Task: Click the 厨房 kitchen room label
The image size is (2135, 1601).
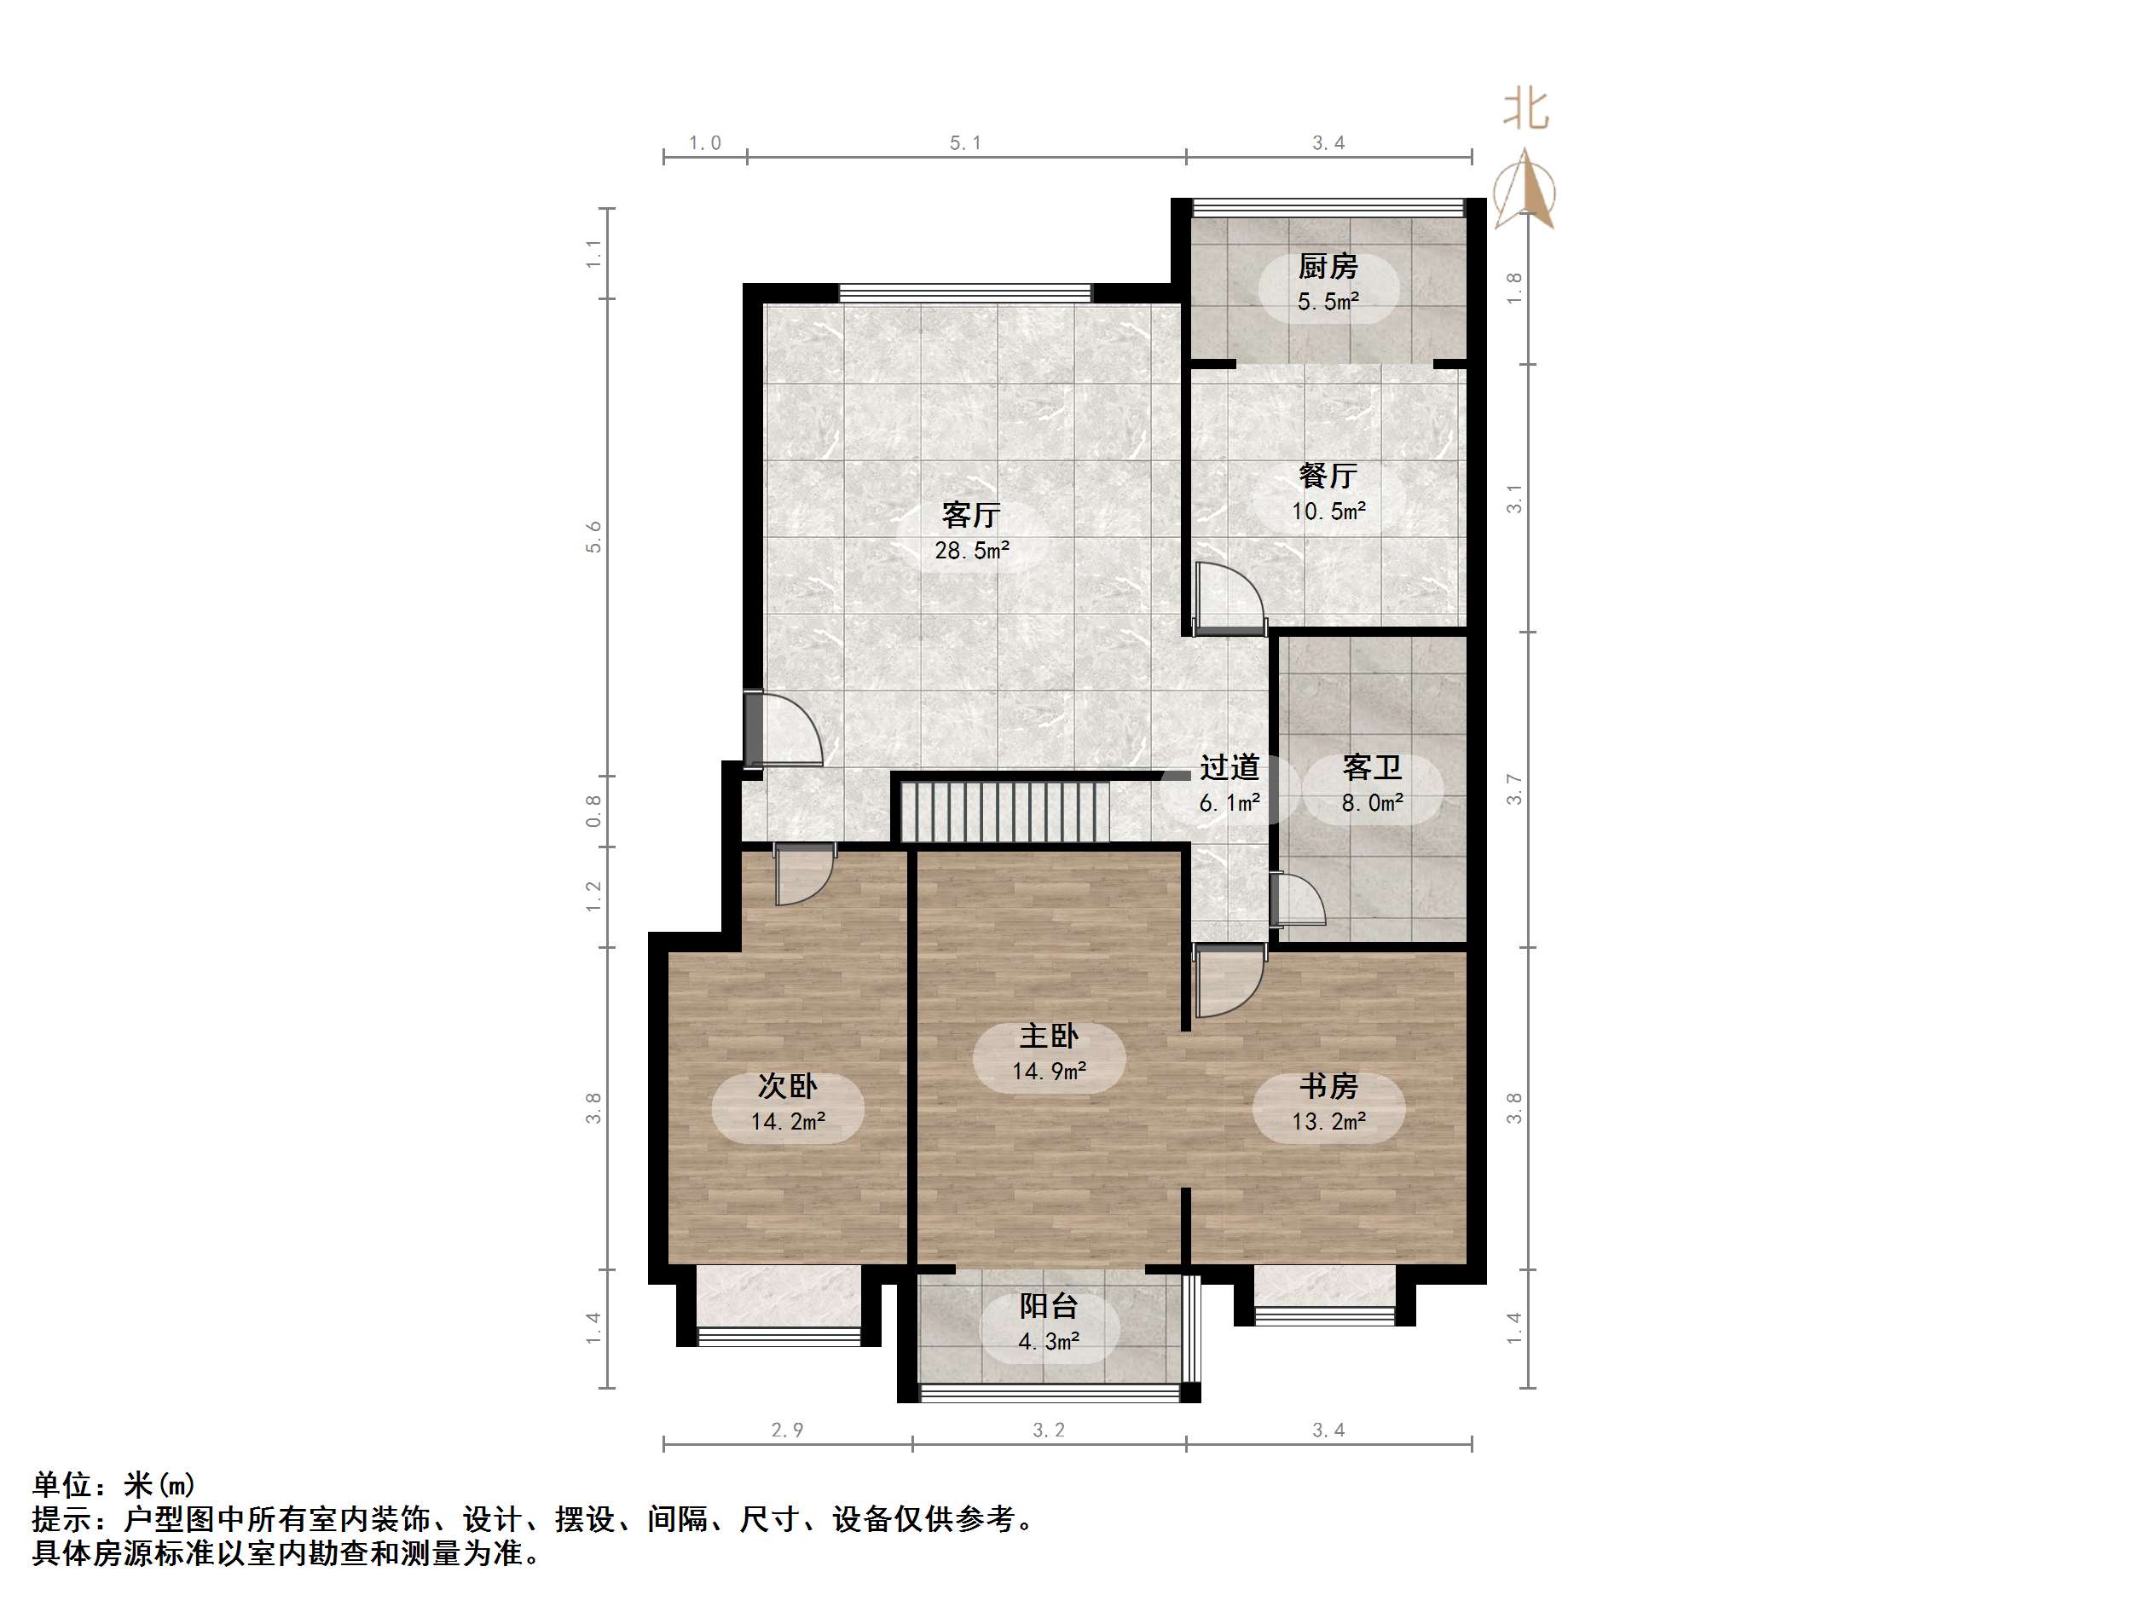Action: click(1328, 266)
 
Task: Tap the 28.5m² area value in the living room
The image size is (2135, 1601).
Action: click(971, 551)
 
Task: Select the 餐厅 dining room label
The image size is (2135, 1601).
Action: click(1328, 476)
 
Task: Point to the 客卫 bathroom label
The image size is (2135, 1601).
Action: click(1372, 768)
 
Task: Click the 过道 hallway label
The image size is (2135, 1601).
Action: click(1229, 768)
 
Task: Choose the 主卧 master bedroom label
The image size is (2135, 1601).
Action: click(1048, 1037)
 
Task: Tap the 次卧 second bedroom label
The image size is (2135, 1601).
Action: click(787, 1087)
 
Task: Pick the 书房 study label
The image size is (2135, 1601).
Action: click(1328, 1087)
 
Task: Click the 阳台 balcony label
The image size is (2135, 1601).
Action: click(1048, 1307)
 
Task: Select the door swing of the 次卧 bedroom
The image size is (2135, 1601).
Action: click(803, 875)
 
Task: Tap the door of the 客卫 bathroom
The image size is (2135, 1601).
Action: click(1297, 900)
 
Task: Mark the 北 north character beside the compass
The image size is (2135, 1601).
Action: click(1525, 109)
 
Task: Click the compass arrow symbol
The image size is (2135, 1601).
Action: click(1525, 190)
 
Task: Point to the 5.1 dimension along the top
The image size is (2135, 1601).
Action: click(964, 143)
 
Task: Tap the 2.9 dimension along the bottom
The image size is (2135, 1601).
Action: click(787, 1430)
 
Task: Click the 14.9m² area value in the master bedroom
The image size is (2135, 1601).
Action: click(1048, 1072)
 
